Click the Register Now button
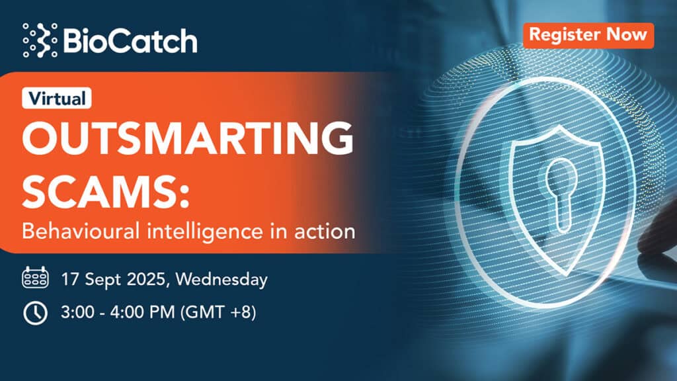click(x=588, y=36)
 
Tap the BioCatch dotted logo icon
click(x=40, y=40)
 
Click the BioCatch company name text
click(x=130, y=41)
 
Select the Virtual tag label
click(x=57, y=98)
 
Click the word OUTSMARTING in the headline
click(x=188, y=138)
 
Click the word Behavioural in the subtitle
click(x=81, y=231)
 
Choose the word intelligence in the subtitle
click(x=205, y=232)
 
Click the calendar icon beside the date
click(x=35, y=277)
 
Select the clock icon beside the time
click(x=35, y=312)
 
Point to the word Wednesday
click(x=221, y=280)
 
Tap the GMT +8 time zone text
click(x=218, y=312)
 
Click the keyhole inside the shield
click(x=561, y=195)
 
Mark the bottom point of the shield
click(x=563, y=275)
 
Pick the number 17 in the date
click(x=70, y=279)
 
